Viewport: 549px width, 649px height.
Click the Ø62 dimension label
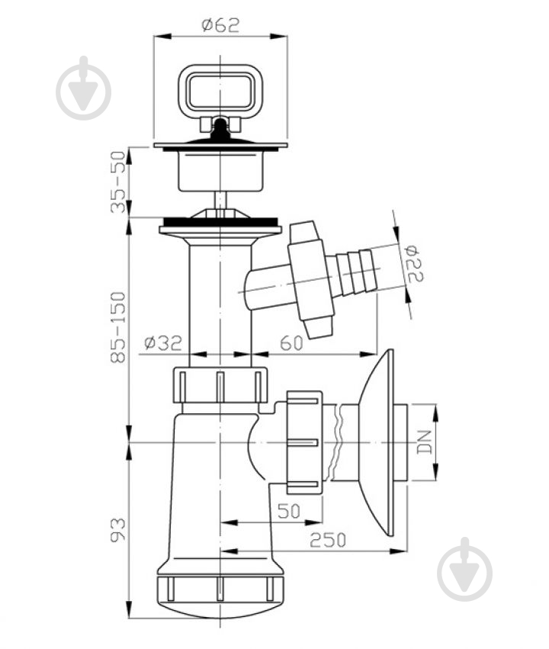[220, 25]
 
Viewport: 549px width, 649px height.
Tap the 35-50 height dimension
[118, 182]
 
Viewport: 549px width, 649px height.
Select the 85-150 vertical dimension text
[118, 327]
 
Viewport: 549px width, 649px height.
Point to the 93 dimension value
[118, 529]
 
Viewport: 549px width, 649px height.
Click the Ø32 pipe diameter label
[163, 342]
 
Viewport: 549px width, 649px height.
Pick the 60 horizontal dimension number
[292, 343]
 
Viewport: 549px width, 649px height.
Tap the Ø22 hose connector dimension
[414, 264]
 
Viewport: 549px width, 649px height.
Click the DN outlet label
[425, 442]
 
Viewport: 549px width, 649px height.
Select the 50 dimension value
[289, 511]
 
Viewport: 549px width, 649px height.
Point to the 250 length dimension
[328, 540]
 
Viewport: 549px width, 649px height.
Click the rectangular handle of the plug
[220, 92]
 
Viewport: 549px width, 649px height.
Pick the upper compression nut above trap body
[220, 385]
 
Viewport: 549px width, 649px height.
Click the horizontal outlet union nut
[304, 442]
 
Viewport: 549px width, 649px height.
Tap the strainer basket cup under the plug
[220, 171]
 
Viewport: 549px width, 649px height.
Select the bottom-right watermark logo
[464, 570]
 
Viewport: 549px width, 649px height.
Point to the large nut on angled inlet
[311, 279]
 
